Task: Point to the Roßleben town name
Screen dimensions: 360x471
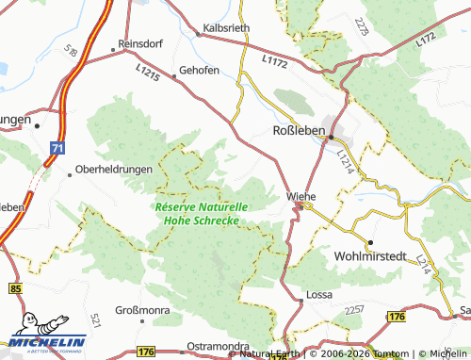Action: (x=298, y=129)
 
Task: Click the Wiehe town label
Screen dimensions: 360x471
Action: (x=300, y=196)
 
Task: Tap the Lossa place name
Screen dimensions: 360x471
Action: (x=319, y=294)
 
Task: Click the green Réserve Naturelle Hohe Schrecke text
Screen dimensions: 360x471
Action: (x=199, y=214)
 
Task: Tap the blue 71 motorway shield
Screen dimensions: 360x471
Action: (x=58, y=148)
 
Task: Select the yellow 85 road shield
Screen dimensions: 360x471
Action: (x=15, y=286)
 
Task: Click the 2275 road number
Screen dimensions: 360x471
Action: (x=362, y=27)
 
